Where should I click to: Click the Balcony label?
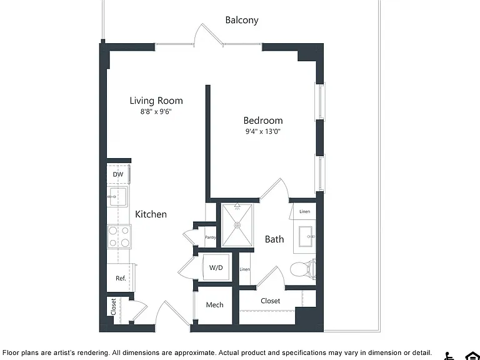(242, 20)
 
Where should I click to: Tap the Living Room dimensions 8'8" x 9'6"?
(156, 112)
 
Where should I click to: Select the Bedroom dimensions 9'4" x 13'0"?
(263, 132)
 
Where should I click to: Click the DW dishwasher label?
(118, 174)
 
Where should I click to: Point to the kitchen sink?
(117, 197)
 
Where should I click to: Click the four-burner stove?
(119, 236)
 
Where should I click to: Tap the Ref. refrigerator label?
(121, 279)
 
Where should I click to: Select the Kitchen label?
(151, 214)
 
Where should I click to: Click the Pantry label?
(210, 237)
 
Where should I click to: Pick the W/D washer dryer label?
(216, 267)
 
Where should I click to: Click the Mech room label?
(214, 305)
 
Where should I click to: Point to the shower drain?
(237, 225)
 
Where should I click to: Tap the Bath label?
(274, 239)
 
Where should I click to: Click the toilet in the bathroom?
(303, 269)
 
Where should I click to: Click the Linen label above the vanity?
(304, 211)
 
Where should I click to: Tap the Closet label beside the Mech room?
(270, 301)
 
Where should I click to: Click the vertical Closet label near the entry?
(113, 307)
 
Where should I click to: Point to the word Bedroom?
(263, 121)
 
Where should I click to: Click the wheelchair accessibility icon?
(449, 356)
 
